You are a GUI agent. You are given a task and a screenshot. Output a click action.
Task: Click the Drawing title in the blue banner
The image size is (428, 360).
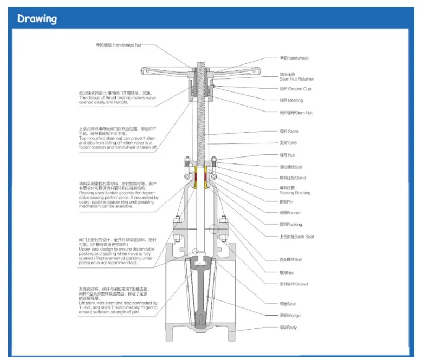coord(37,19)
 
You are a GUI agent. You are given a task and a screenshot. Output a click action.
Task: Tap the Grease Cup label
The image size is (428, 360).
coord(295,89)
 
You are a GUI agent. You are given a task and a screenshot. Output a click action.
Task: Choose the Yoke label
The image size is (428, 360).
coord(288,143)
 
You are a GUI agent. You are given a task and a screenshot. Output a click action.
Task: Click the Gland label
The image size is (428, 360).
coord(293,178)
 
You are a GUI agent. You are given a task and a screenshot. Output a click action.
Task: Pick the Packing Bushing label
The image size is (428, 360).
coord(295,193)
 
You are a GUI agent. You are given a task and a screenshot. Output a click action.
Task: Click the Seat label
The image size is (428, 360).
coord(289,304)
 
